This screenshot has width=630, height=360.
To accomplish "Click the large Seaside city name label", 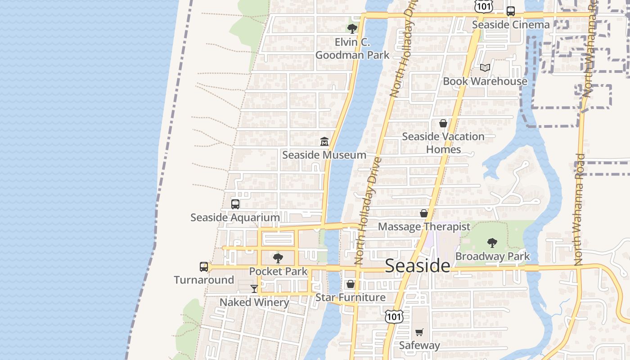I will [418, 265].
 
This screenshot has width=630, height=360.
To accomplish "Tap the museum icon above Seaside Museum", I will [324, 142].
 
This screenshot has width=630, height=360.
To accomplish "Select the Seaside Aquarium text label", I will [235, 217].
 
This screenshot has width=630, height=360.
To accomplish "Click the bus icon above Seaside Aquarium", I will [235, 204].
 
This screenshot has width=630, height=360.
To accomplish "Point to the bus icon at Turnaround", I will [204, 267].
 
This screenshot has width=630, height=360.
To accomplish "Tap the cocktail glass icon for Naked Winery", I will [254, 288].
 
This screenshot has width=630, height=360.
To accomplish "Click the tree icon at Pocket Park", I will [278, 258].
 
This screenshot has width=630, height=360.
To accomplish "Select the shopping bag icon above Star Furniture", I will [351, 284].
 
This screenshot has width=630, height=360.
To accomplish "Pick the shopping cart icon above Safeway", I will [419, 332].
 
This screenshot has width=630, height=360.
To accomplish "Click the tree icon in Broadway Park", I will [492, 243].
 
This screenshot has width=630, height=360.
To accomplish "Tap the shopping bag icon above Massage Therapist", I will [423, 213].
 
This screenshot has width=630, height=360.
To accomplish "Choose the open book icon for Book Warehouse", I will [485, 67].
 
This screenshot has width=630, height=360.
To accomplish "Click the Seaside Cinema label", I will [511, 25].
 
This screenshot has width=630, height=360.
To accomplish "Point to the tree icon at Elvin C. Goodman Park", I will [352, 29].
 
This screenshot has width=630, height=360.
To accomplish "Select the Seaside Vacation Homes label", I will [443, 143].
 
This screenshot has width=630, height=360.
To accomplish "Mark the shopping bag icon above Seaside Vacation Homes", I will [443, 123].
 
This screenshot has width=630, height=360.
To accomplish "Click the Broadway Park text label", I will [492, 256].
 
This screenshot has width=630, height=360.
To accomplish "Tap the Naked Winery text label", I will [254, 302].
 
